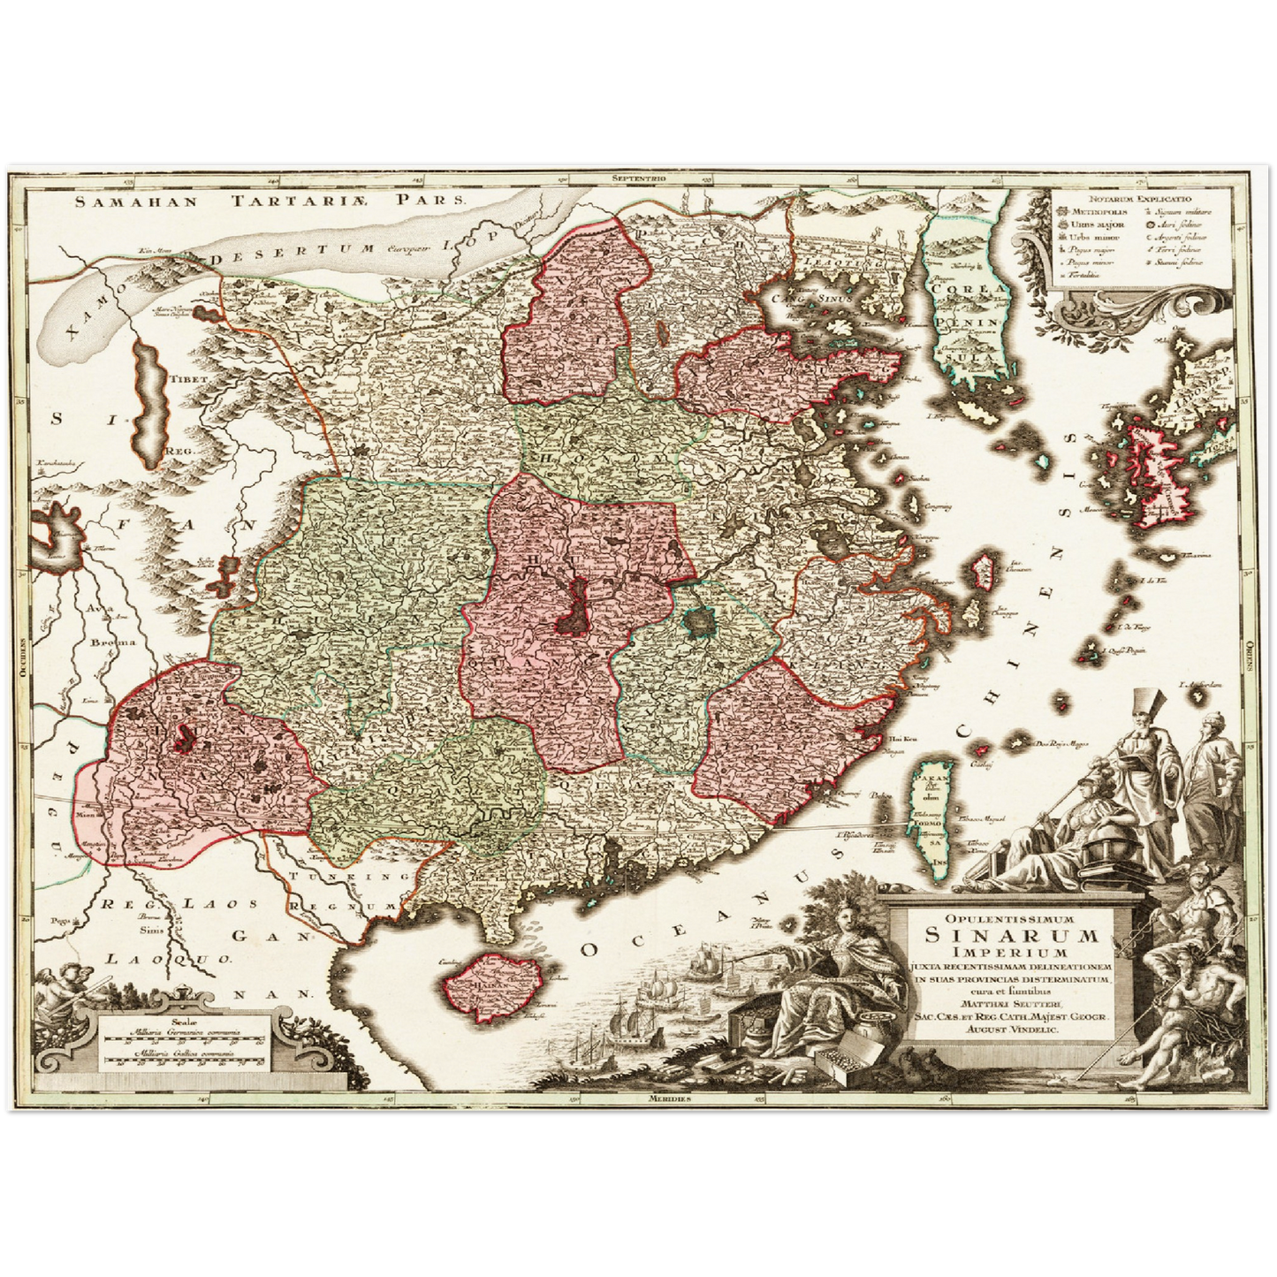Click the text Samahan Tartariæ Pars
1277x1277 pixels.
pyautogui.click(x=269, y=201)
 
